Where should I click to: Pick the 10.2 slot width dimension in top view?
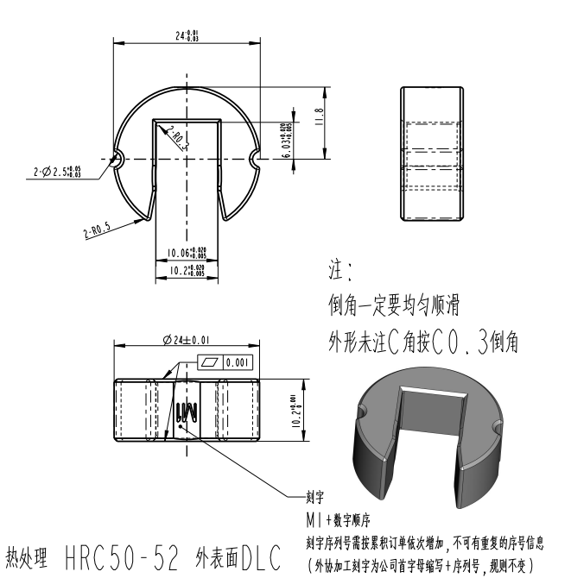tap(186, 270)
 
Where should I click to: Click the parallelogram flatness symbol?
tap(211, 363)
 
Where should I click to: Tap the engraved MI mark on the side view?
tap(187, 412)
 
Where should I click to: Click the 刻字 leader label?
tap(315, 498)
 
